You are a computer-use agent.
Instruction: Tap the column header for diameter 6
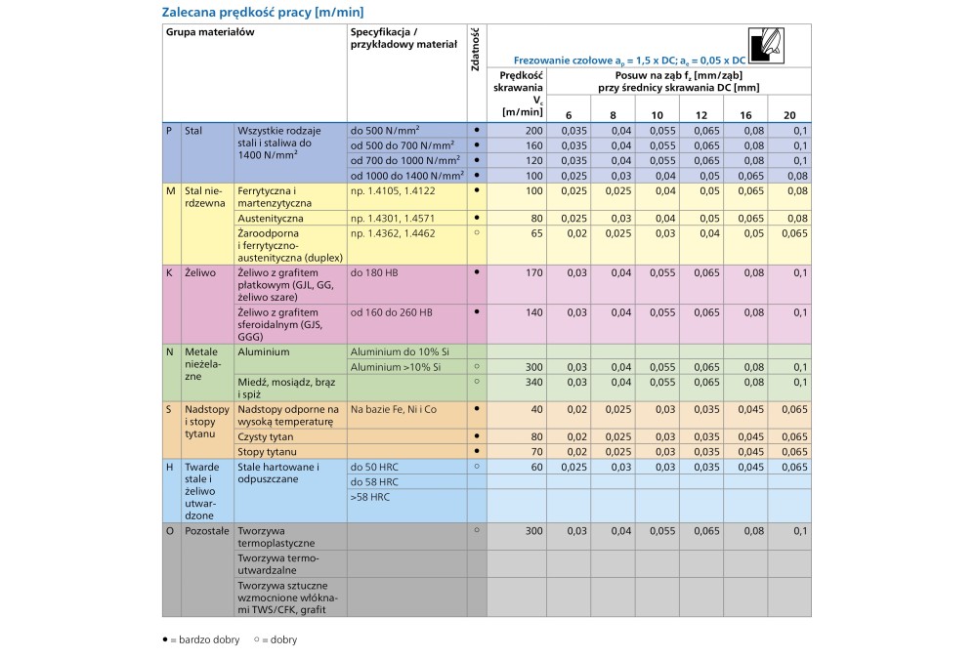point(568,115)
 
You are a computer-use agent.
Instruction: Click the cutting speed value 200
point(532,130)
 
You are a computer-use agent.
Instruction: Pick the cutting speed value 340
point(532,382)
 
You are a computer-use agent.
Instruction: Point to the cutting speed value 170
point(532,272)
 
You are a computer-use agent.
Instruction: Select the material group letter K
point(170,272)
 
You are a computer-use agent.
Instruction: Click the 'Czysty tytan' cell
point(267,436)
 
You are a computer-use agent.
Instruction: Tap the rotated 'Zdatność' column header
point(475,49)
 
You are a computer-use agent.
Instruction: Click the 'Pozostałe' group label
point(204,530)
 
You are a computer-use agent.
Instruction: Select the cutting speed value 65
point(535,234)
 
